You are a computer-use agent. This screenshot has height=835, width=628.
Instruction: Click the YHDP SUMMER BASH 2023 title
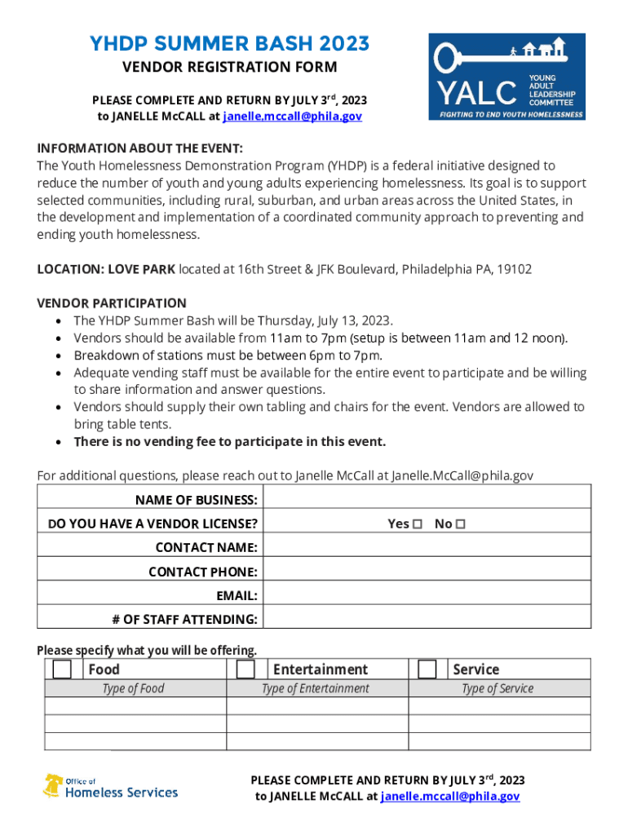[x=229, y=43]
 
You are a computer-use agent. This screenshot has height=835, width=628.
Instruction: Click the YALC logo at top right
[x=506, y=77]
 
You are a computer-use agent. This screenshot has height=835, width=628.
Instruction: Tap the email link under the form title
[x=293, y=117]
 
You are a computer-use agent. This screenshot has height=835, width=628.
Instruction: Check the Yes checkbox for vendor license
[x=418, y=524]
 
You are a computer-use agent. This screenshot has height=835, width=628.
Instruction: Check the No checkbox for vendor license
[x=460, y=524]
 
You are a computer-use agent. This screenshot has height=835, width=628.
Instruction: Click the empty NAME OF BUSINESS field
[x=427, y=499]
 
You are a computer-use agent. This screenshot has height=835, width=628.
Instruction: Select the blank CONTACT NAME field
[x=427, y=547]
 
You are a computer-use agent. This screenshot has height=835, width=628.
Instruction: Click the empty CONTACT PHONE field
[x=427, y=572]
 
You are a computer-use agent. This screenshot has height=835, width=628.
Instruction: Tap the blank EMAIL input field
[x=427, y=595]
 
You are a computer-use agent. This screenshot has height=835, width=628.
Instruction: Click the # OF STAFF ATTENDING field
[x=427, y=620]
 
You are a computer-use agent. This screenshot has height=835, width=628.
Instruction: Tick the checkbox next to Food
[x=62, y=669]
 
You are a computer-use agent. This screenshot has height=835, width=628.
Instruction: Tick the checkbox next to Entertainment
[x=245, y=669]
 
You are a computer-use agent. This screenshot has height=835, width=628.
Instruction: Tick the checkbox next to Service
[x=427, y=669]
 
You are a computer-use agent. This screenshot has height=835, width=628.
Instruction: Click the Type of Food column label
[x=133, y=689]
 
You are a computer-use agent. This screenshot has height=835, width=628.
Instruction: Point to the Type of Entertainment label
[x=315, y=689]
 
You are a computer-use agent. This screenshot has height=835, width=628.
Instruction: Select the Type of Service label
[x=498, y=689]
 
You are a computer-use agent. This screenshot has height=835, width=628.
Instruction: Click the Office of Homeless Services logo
[x=110, y=787]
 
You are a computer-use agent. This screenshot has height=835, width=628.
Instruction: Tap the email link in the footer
[x=449, y=797]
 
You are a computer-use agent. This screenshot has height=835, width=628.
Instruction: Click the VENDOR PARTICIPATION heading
[x=112, y=303]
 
